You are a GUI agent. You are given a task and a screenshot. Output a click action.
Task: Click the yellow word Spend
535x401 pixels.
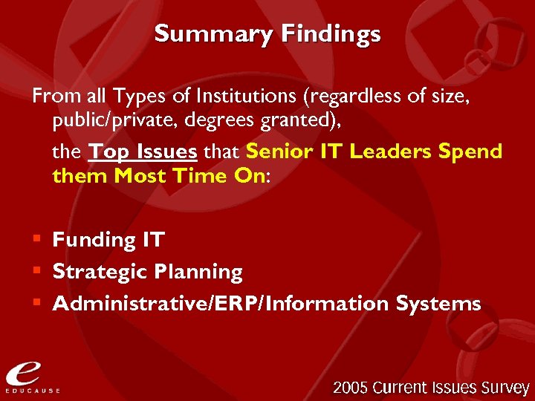coord(470,151)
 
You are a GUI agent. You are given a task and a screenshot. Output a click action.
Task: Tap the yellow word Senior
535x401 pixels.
coord(280,151)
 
